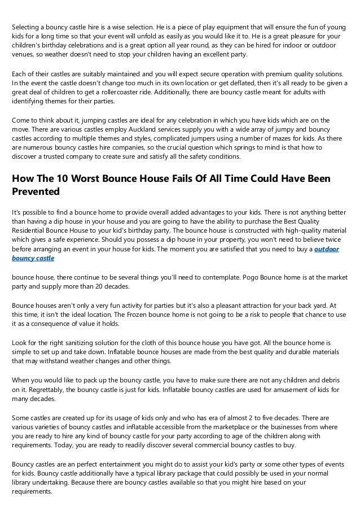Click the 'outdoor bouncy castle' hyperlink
[x=327, y=249]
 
